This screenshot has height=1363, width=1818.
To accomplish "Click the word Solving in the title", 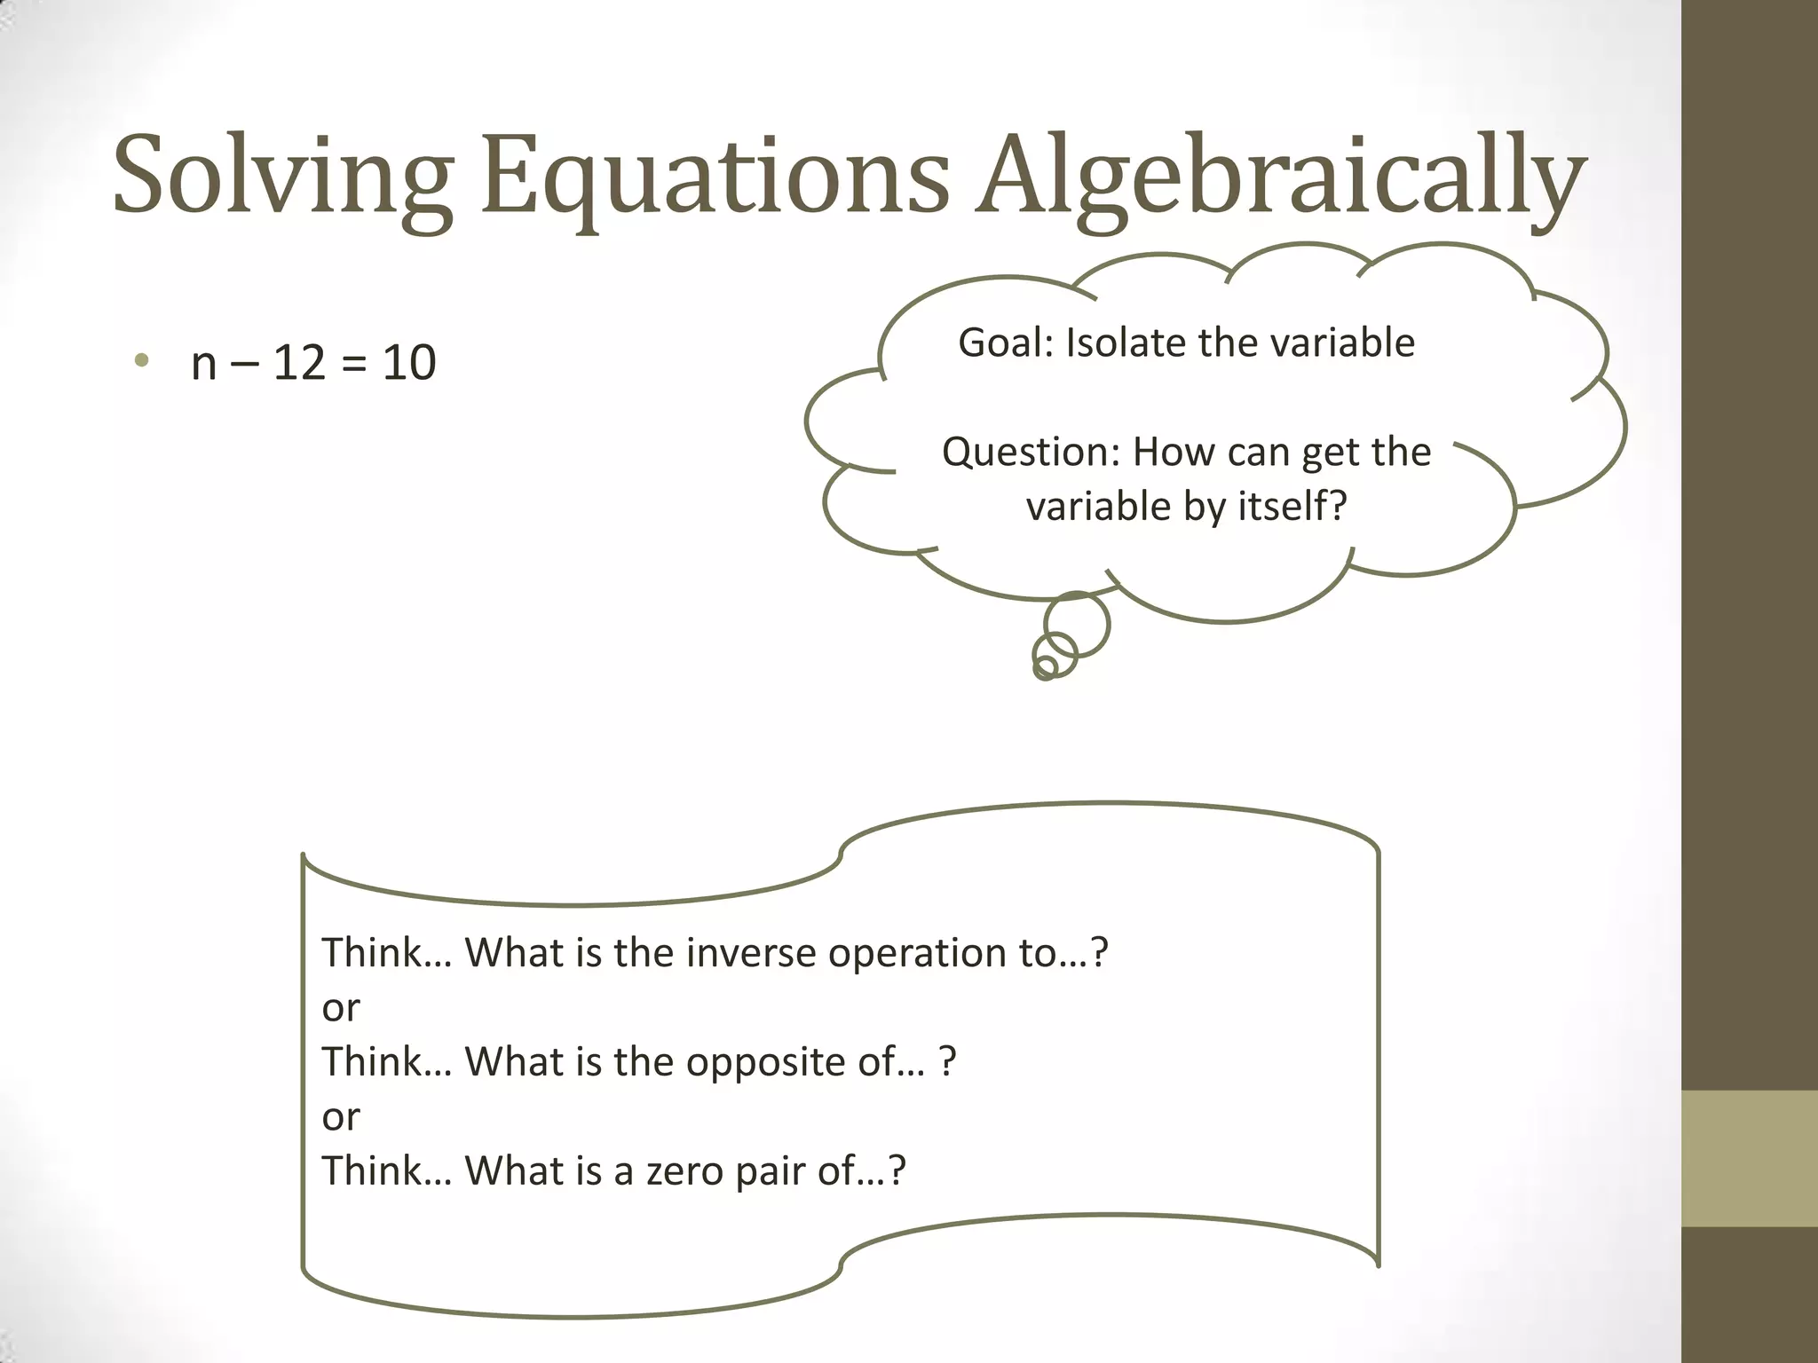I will click(282, 176).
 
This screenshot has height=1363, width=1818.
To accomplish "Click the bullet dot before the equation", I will click(140, 360).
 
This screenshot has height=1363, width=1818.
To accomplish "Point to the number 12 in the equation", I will click(298, 363).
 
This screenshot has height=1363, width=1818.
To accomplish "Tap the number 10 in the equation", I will click(409, 363).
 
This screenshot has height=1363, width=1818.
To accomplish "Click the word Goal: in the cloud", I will click(1005, 343).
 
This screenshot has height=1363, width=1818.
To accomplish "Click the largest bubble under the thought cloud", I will click(1077, 625).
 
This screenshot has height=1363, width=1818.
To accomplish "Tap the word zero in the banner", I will click(684, 1171).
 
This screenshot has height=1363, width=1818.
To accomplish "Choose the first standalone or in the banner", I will click(341, 1009).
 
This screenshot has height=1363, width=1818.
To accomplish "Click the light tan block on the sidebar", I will click(1750, 1158).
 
